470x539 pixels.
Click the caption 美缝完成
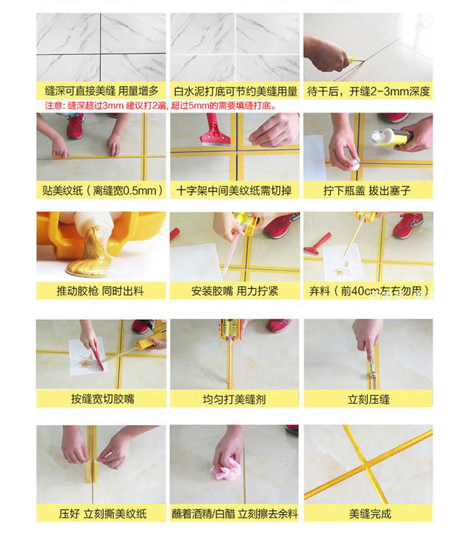click(370, 513)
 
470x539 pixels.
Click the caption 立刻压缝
click(369, 399)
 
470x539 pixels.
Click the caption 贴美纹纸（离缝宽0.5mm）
click(102, 190)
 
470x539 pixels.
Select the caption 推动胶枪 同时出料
click(102, 290)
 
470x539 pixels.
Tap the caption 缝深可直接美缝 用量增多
click(102, 91)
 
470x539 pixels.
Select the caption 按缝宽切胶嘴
click(102, 399)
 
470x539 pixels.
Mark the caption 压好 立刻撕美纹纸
click(102, 513)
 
